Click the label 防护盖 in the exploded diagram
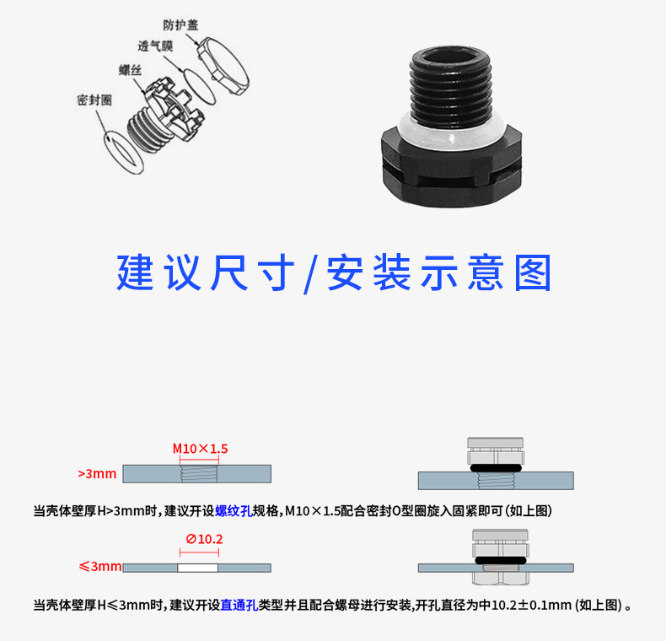180,25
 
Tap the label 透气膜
155,46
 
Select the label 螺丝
130,70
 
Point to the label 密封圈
94,100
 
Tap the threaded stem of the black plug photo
451,87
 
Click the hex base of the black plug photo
452,170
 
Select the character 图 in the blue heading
533,273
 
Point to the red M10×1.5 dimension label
200,449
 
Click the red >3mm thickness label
97,473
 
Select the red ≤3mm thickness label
100,566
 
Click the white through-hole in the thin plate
197,568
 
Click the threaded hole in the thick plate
199,473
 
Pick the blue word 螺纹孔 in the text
234,510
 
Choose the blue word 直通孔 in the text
239,605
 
